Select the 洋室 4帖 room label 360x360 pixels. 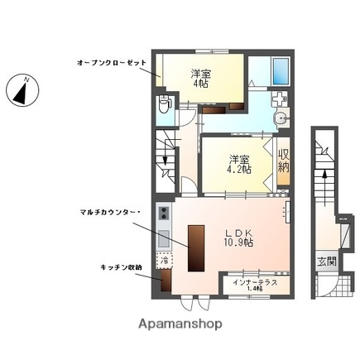[x=202, y=79]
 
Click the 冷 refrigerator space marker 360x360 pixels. [x=165, y=261]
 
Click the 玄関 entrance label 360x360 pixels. [x=328, y=262]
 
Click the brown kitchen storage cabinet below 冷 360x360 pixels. [x=166, y=281]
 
